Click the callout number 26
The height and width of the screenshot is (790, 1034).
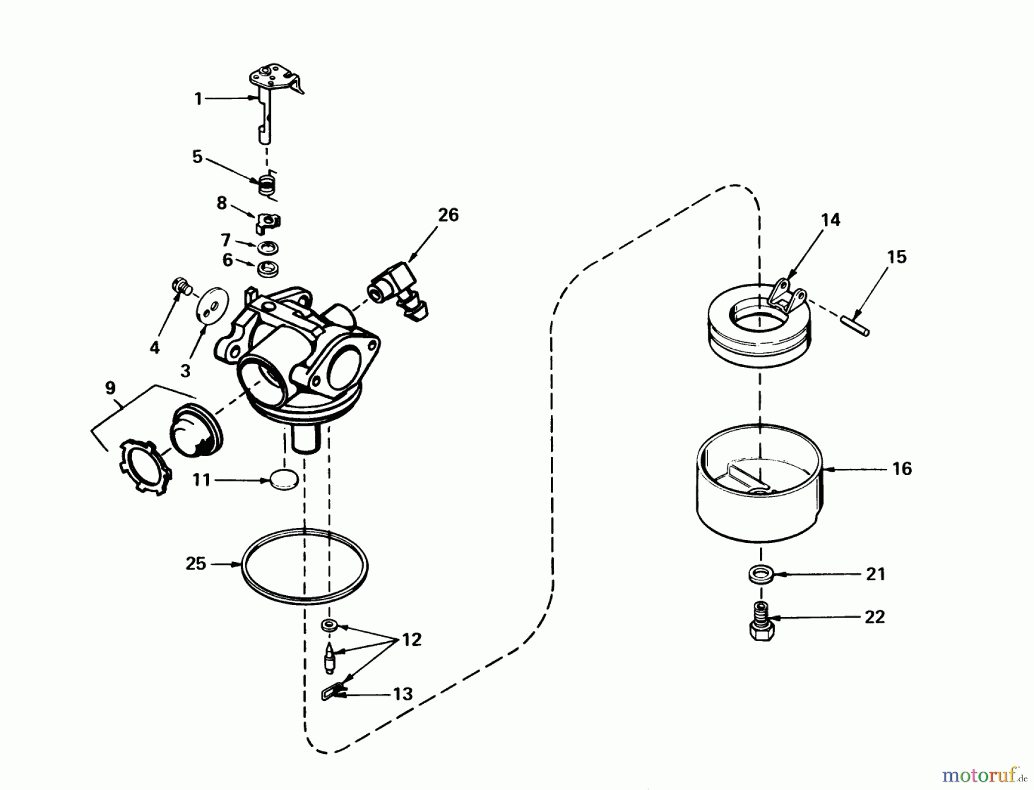point(448,215)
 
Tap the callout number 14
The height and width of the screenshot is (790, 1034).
point(831,220)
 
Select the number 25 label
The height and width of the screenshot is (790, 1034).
point(195,564)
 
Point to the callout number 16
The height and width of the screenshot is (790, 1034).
point(902,469)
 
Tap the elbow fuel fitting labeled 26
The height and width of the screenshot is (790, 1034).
point(400,288)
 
